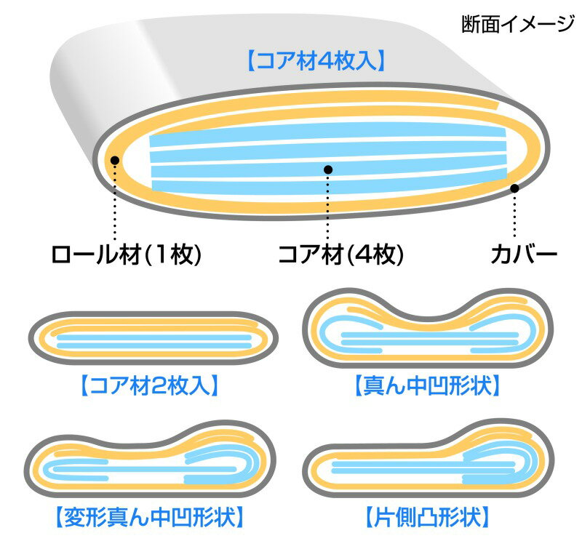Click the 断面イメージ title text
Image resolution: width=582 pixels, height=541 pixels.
[x=517, y=25]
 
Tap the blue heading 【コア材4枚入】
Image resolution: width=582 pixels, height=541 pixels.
[x=316, y=61]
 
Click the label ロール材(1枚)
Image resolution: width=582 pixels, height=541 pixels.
[x=126, y=255]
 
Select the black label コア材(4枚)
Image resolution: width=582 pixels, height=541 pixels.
[x=340, y=255]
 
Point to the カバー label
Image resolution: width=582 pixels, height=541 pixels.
[x=524, y=255]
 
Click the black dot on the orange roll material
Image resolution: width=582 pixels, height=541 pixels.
[x=115, y=160]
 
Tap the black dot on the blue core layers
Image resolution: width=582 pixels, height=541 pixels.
[x=328, y=169]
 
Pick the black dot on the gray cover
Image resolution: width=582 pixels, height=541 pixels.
[x=514, y=188]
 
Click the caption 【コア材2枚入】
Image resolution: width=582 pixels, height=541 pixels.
[x=149, y=385]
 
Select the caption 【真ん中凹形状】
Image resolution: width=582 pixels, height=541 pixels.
[x=428, y=385]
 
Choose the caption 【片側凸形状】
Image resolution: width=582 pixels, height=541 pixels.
[x=428, y=516]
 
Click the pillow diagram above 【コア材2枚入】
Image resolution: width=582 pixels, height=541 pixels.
[x=153, y=337]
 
